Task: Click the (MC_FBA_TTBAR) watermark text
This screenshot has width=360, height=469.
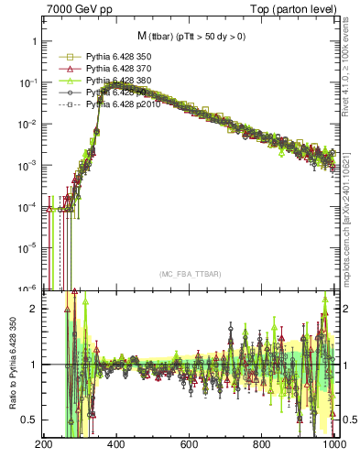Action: tap(190, 275)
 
